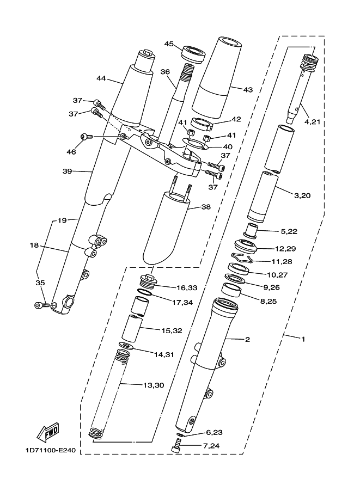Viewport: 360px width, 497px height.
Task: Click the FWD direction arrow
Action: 47,432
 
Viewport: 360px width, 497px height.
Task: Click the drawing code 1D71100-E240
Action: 51,450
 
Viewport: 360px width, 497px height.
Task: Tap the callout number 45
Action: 169,44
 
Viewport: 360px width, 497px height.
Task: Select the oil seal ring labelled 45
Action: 193,54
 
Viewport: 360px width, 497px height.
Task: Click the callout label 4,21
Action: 313,122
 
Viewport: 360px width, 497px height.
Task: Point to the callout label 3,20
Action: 302,195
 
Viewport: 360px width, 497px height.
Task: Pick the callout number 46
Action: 71,152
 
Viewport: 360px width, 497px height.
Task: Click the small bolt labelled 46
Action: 86,137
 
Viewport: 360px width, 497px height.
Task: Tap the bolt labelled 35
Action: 41,305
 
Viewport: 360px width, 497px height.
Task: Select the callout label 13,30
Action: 154,385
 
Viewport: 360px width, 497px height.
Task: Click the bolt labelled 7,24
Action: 177,446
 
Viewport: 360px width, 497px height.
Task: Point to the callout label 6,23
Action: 214,432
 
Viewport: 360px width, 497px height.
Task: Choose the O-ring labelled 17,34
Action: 145,292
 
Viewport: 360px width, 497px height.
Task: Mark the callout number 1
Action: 303,339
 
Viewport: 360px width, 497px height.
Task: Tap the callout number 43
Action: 248,90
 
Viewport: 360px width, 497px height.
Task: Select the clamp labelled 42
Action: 201,124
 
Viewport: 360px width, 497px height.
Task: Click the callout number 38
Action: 206,207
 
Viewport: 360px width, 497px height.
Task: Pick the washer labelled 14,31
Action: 126,346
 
